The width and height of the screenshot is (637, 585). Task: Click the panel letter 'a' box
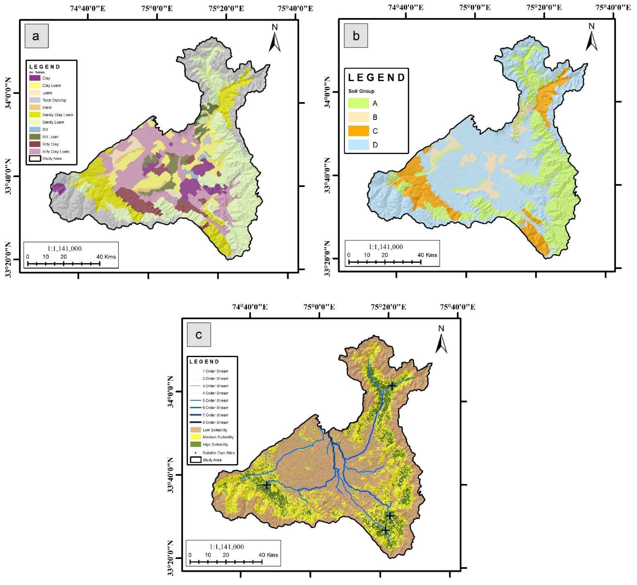click(36, 36)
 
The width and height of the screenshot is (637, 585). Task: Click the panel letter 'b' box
click(356, 35)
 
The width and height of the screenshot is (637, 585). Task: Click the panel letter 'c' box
click(199, 335)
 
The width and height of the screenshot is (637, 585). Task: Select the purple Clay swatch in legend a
click(35, 78)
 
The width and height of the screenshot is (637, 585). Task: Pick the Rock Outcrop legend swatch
click(35, 100)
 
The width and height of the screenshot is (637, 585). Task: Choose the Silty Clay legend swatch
click(35, 144)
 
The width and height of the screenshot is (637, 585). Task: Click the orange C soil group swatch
click(358, 131)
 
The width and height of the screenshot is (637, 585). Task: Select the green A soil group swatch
click(358, 103)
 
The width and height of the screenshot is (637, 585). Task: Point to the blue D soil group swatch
click(358, 145)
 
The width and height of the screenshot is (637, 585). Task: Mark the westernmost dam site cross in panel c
click(267, 485)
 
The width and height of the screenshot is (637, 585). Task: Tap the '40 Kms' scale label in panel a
click(106, 257)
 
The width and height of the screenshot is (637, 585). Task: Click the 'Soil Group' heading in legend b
click(361, 91)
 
